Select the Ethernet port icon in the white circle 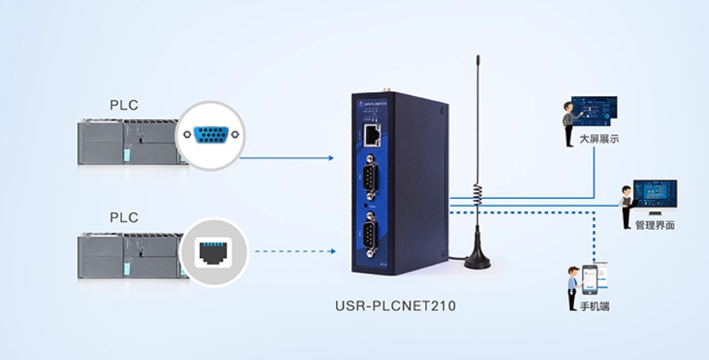tap(212, 252)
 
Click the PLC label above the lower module tap(124, 218)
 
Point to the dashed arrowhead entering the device tap(332, 251)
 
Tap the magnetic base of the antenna tap(477, 260)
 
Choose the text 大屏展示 tap(599, 140)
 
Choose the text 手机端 tap(594, 307)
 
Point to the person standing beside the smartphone tap(573, 283)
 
